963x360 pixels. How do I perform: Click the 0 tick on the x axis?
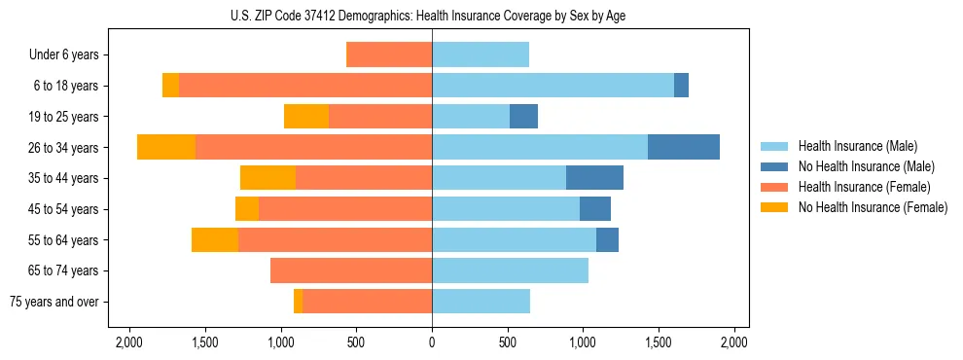pos(432,342)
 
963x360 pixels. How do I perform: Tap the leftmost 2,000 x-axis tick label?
pos(129,342)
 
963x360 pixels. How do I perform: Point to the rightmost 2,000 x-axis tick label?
pos(734,342)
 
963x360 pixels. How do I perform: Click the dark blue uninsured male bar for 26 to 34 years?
pos(684,147)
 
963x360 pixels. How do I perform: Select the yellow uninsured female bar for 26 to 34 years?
pos(166,147)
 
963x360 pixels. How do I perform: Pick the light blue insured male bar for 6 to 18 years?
pos(553,86)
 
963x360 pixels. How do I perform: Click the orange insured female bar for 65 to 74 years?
pos(351,270)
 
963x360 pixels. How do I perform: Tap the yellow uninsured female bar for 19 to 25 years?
pos(306,117)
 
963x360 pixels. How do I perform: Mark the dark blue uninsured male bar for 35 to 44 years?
pos(594,178)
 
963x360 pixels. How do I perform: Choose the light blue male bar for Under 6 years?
pos(481,55)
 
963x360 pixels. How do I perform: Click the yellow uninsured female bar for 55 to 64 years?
pos(215,239)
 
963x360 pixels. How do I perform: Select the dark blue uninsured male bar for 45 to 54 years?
pos(595,209)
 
